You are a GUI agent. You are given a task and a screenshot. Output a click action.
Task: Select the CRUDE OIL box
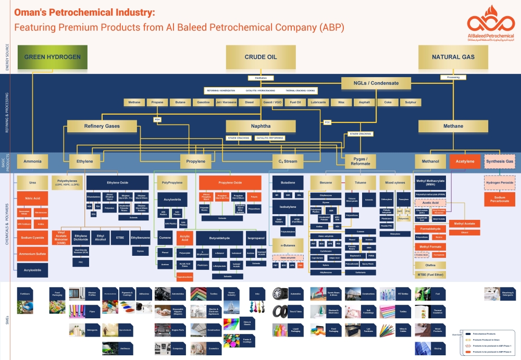[x=260, y=57]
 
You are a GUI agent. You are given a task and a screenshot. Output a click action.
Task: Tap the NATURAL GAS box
[x=453, y=57]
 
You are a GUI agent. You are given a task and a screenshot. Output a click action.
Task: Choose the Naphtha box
[x=260, y=126]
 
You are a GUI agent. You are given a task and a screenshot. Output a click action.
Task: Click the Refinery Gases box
[x=102, y=126]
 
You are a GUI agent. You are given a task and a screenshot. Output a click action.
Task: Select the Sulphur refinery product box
[x=410, y=102]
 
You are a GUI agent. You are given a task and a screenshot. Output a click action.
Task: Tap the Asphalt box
[x=364, y=102]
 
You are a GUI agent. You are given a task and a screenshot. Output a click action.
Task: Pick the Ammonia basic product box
[x=32, y=162]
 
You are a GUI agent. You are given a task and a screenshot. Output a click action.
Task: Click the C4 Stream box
[x=287, y=162]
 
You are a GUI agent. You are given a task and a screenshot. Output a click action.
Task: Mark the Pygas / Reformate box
[x=360, y=161]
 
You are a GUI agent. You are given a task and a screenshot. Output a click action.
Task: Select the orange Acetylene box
[x=465, y=162]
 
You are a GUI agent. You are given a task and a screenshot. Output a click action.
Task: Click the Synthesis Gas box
[x=499, y=162]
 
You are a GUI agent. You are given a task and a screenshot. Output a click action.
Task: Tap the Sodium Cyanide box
[x=32, y=238]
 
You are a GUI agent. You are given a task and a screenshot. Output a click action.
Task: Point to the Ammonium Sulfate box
[x=32, y=254]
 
